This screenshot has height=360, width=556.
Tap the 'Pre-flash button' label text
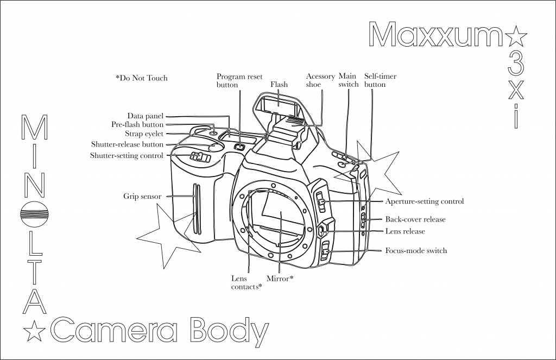coord(137,124)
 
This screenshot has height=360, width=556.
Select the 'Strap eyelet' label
coord(144,134)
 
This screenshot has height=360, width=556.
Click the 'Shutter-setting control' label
coord(127,156)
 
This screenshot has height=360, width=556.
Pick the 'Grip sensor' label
coord(142,196)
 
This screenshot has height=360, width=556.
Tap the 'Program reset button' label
coord(239,80)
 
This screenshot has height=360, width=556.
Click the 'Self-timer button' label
coord(380,80)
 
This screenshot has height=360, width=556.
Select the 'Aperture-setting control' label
coord(425,201)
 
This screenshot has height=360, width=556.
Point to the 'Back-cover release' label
coord(415,219)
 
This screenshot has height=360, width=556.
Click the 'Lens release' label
coord(405,231)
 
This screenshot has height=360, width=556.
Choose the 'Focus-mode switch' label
coord(416,251)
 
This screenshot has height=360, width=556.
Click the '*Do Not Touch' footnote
coord(142,78)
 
